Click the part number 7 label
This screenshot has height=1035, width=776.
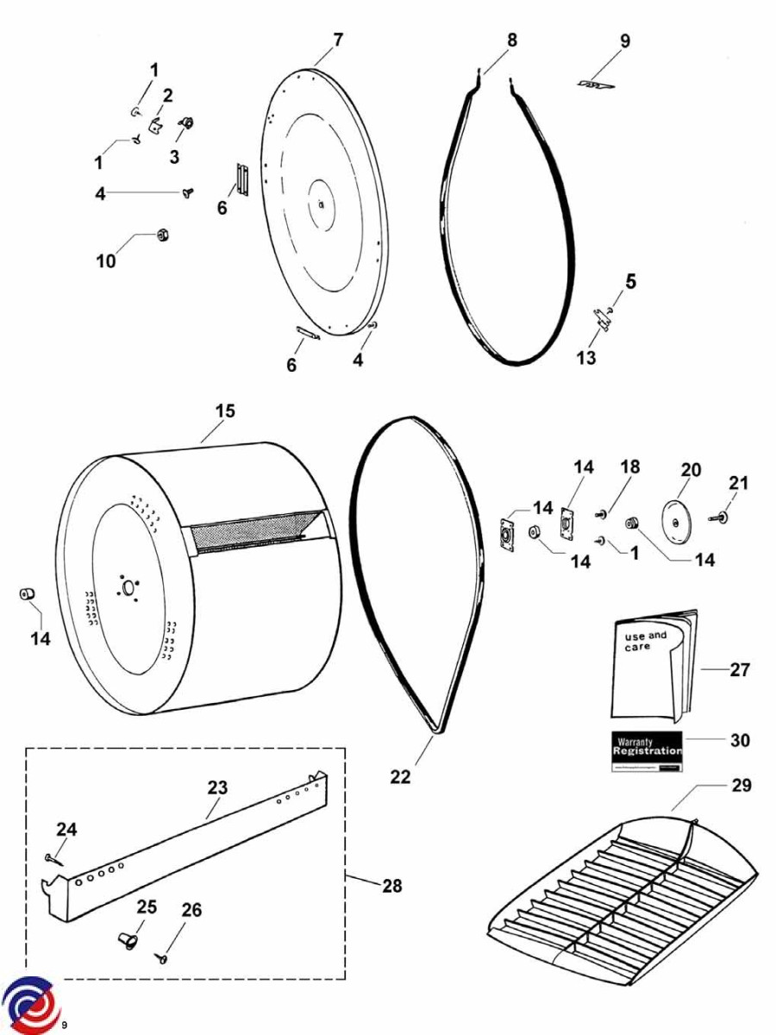pos(338,40)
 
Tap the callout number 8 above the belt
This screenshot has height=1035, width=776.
pos(512,40)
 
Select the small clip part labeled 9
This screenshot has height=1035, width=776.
pos(595,85)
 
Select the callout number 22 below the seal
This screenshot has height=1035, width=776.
pos(400,776)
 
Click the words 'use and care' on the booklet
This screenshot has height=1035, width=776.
pos(645,641)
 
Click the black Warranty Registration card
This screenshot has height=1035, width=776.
pos(647,750)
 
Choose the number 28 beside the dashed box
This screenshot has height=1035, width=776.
pos(391,886)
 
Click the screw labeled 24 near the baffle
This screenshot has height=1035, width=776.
pos(53,858)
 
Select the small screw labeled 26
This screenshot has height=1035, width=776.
pos(161,957)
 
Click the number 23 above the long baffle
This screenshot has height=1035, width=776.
pos(217,787)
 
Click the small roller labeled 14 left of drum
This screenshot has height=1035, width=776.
pos(27,595)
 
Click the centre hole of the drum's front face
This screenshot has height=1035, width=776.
pos(129,588)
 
